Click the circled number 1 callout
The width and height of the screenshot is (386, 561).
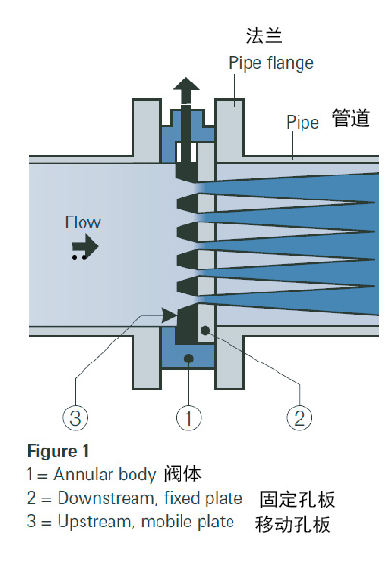click(188, 418)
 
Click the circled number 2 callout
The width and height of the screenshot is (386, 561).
click(300, 418)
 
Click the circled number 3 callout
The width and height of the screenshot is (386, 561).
click(75, 418)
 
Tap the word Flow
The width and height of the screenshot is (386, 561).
click(83, 222)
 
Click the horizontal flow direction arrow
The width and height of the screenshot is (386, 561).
click(84, 245)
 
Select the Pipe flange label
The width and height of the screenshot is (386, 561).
click(272, 63)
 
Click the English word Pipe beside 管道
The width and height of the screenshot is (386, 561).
click(302, 123)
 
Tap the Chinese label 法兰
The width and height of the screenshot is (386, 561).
click(264, 36)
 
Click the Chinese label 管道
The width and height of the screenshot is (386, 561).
click(350, 118)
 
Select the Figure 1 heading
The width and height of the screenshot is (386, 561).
click(58, 451)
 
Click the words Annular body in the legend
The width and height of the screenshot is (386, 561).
click(105, 475)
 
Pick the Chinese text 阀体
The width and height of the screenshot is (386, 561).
click(182, 475)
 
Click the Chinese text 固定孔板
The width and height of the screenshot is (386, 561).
click(297, 500)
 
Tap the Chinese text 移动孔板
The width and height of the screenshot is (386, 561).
click(293, 525)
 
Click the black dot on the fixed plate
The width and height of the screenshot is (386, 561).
click(205, 330)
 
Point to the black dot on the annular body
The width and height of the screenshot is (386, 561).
click(188, 358)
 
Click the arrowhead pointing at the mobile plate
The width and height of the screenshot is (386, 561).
click(170, 316)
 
